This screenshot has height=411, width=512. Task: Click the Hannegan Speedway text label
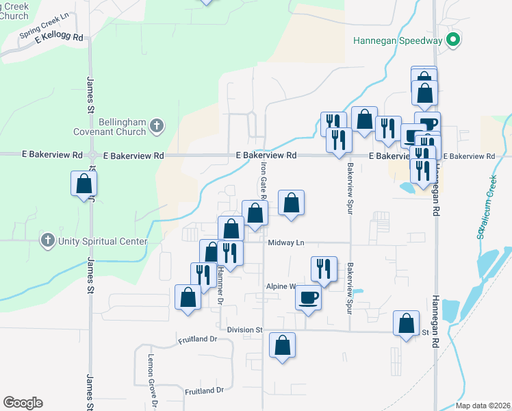click(x=398, y=40)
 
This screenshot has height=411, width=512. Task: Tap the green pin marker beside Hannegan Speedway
click(x=452, y=40)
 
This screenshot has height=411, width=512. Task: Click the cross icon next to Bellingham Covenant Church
click(x=156, y=126)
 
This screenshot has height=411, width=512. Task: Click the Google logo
click(x=23, y=403)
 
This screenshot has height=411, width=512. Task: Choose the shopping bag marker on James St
click(x=84, y=184)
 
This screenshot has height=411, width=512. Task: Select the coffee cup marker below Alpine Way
click(x=308, y=299)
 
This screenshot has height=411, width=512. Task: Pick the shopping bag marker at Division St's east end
click(x=407, y=324)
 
